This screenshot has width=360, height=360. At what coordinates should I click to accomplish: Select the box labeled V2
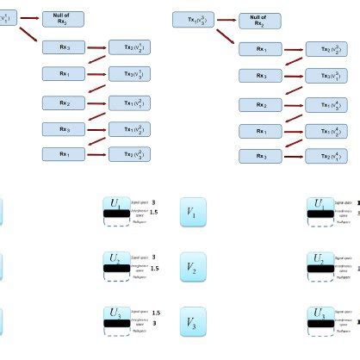coord(192,268)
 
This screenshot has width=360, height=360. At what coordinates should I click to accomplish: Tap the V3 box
coord(192,324)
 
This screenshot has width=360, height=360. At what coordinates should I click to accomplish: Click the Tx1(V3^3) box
coord(194,18)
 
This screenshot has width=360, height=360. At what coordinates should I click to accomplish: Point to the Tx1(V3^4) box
coord(326,104)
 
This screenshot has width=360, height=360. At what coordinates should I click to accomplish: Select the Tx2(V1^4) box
coord(326,156)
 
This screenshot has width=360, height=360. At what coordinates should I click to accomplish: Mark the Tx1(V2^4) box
coord(326,131)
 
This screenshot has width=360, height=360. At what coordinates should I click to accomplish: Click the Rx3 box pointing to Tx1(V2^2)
coord(64,129)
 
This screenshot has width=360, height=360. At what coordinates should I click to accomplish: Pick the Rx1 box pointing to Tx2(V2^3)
coord(64,154)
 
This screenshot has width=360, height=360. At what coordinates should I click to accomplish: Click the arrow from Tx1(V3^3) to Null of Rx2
coord(227,19)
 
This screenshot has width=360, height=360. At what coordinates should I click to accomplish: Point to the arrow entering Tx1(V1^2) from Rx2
coord(96,102)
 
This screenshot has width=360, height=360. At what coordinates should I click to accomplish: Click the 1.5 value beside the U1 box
coord(153,212)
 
